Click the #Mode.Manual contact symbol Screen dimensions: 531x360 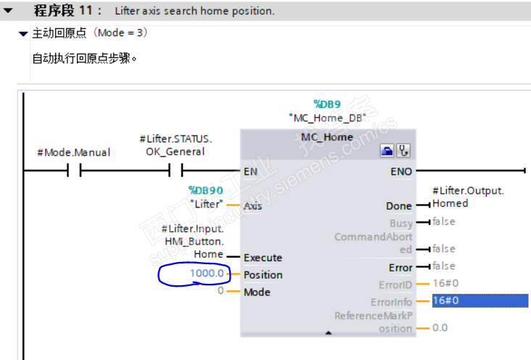(x=74, y=170)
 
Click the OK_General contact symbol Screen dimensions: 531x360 (x=176, y=170)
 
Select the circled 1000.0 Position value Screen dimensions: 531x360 (x=207, y=273)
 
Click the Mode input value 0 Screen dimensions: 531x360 (x=221, y=290)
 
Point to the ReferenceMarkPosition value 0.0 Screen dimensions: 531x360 (x=440, y=328)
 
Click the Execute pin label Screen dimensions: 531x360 (x=263, y=258)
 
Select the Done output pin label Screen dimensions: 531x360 (x=399, y=206)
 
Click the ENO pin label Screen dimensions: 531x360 (x=401, y=171)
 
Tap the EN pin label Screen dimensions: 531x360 (x=250, y=171)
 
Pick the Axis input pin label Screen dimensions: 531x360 (x=252, y=206)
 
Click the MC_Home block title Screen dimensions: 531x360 (x=327, y=137)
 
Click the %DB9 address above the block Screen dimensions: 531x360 (x=327, y=104)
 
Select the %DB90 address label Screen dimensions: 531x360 (x=206, y=190)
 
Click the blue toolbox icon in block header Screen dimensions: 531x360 (x=387, y=150)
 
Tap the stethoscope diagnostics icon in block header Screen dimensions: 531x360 (x=403, y=150)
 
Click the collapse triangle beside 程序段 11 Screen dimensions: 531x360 (x=8, y=10)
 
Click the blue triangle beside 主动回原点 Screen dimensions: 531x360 (x=23, y=34)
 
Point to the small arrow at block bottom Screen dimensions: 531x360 (x=328, y=333)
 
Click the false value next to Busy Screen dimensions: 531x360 (x=444, y=221)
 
